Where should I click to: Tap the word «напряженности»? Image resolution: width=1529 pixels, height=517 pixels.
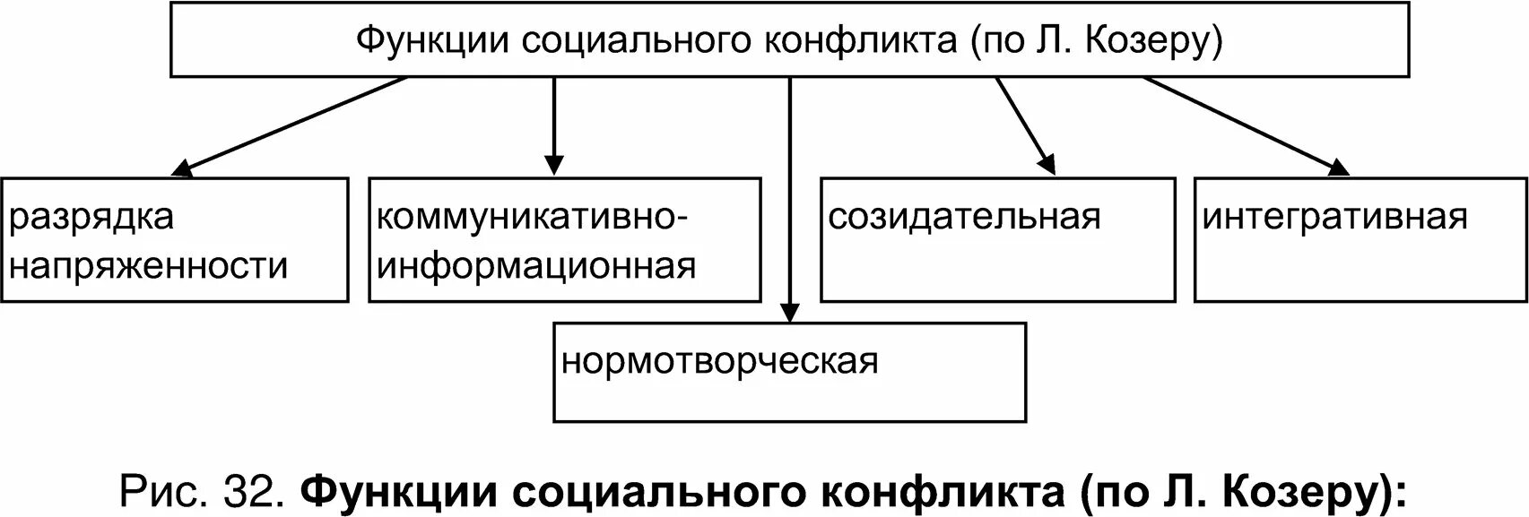tap(149, 266)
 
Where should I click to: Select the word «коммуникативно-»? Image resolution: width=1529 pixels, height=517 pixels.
tap(534, 218)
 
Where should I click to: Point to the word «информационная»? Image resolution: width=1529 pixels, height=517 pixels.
tap(536, 266)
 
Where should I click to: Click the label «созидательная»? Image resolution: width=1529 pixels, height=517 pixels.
tap(964, 218)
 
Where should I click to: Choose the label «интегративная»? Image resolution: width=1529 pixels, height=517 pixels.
tap(1335, 218)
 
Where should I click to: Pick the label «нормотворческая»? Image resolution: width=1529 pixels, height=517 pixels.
tap(720, 362)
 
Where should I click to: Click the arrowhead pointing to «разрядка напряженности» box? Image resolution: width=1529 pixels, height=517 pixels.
tap(181, 168)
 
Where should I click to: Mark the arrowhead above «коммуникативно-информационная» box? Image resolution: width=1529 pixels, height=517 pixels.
tap(554, 165)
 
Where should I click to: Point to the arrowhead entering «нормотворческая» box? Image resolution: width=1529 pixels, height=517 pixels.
tap(789, 312)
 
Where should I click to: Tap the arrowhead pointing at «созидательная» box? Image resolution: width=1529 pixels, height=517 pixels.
tap(1047, 163)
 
